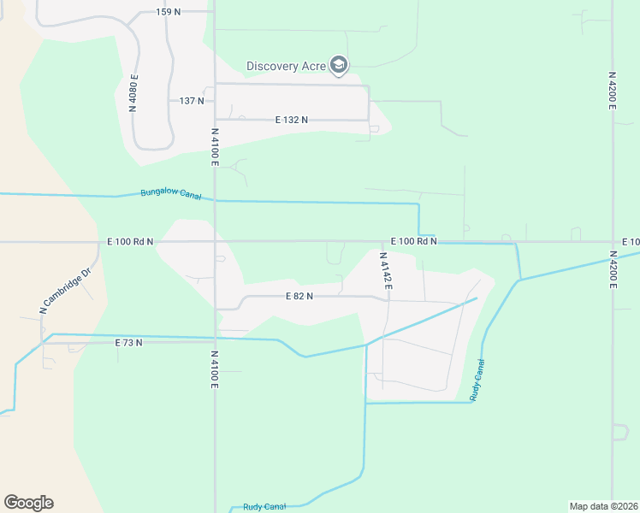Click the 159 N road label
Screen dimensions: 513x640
point(169,11)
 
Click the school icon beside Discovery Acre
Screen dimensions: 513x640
point(340,65)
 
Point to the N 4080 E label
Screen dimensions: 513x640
point(134,92)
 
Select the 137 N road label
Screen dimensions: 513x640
point(192,101)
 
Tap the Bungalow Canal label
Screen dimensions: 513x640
point(171,194)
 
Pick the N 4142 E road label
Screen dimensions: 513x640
point(386,270)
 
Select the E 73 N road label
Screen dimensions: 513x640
point(128,342)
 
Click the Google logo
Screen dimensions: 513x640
point(28,502)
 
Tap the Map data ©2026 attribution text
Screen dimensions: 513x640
point(603,505)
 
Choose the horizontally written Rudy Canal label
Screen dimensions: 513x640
point(264,506)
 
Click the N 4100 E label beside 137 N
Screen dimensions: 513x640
point(216,146)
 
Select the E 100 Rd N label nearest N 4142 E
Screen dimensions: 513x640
point(414,242)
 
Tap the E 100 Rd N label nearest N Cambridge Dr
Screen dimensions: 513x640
point(131,242)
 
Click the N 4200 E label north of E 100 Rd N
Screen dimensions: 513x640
point(613,90)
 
